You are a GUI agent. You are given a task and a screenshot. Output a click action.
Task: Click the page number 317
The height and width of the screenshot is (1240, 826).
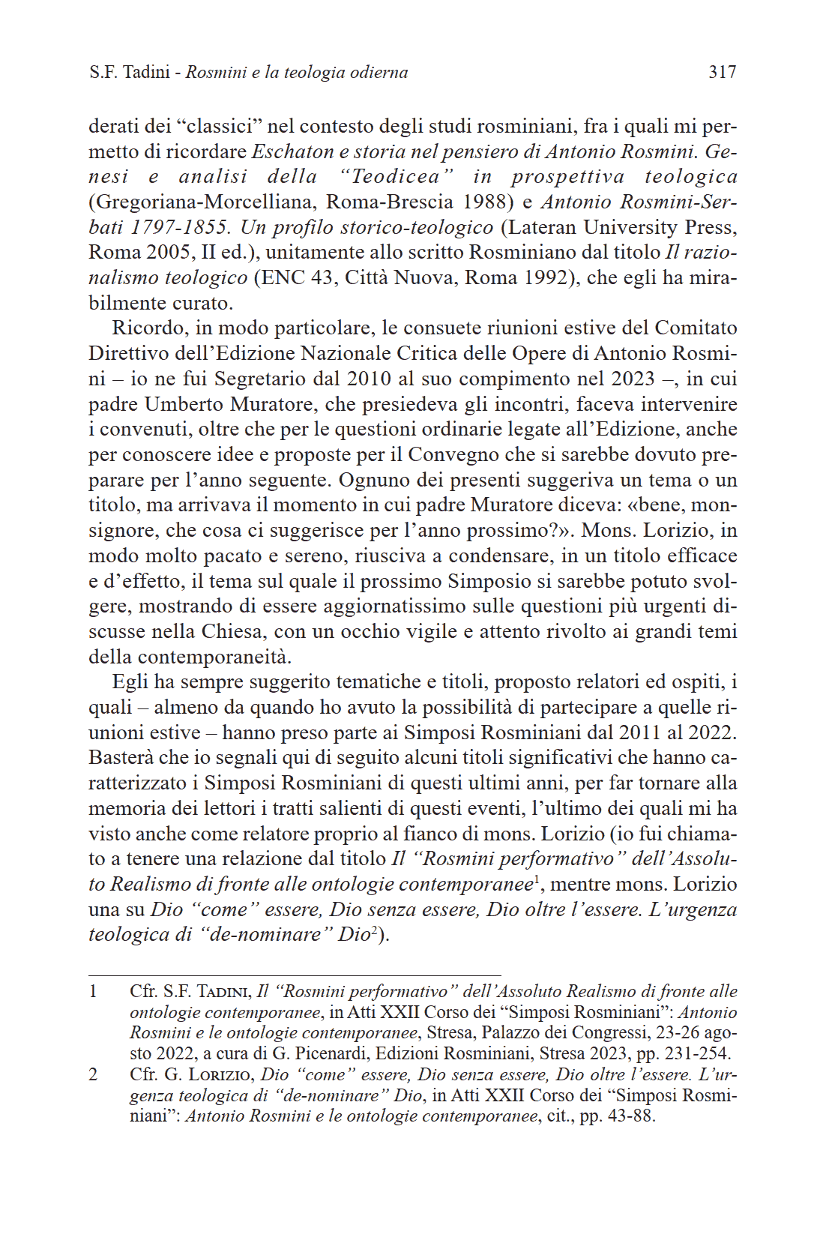(723, 72)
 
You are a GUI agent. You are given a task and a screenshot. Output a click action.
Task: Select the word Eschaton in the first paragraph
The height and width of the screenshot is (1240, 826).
(292, 151)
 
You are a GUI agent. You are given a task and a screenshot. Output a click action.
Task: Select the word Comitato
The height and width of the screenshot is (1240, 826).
(696, 328)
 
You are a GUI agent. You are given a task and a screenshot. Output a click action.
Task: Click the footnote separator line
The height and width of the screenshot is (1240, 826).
(295, 975)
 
